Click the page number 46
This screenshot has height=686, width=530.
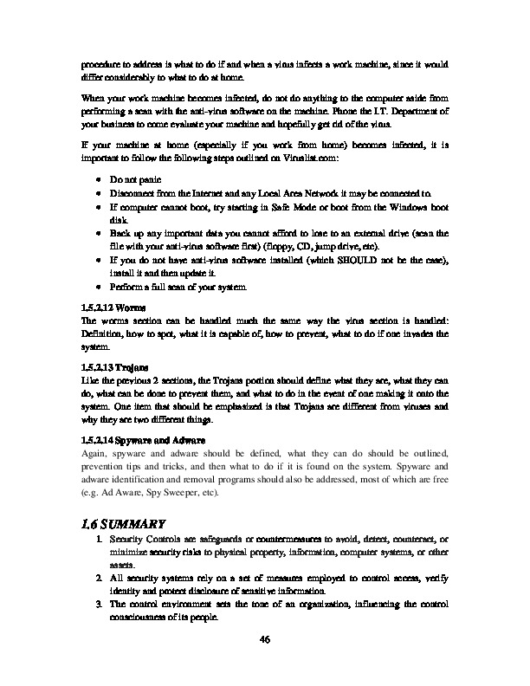click(x=265, y=640)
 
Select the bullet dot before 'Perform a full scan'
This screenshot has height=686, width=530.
click(x=100, y=287)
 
